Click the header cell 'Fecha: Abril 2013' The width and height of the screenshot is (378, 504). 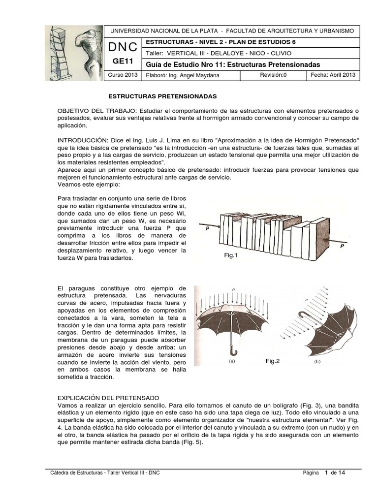click(333, 75)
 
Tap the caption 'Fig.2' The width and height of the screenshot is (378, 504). click(273, 361)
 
